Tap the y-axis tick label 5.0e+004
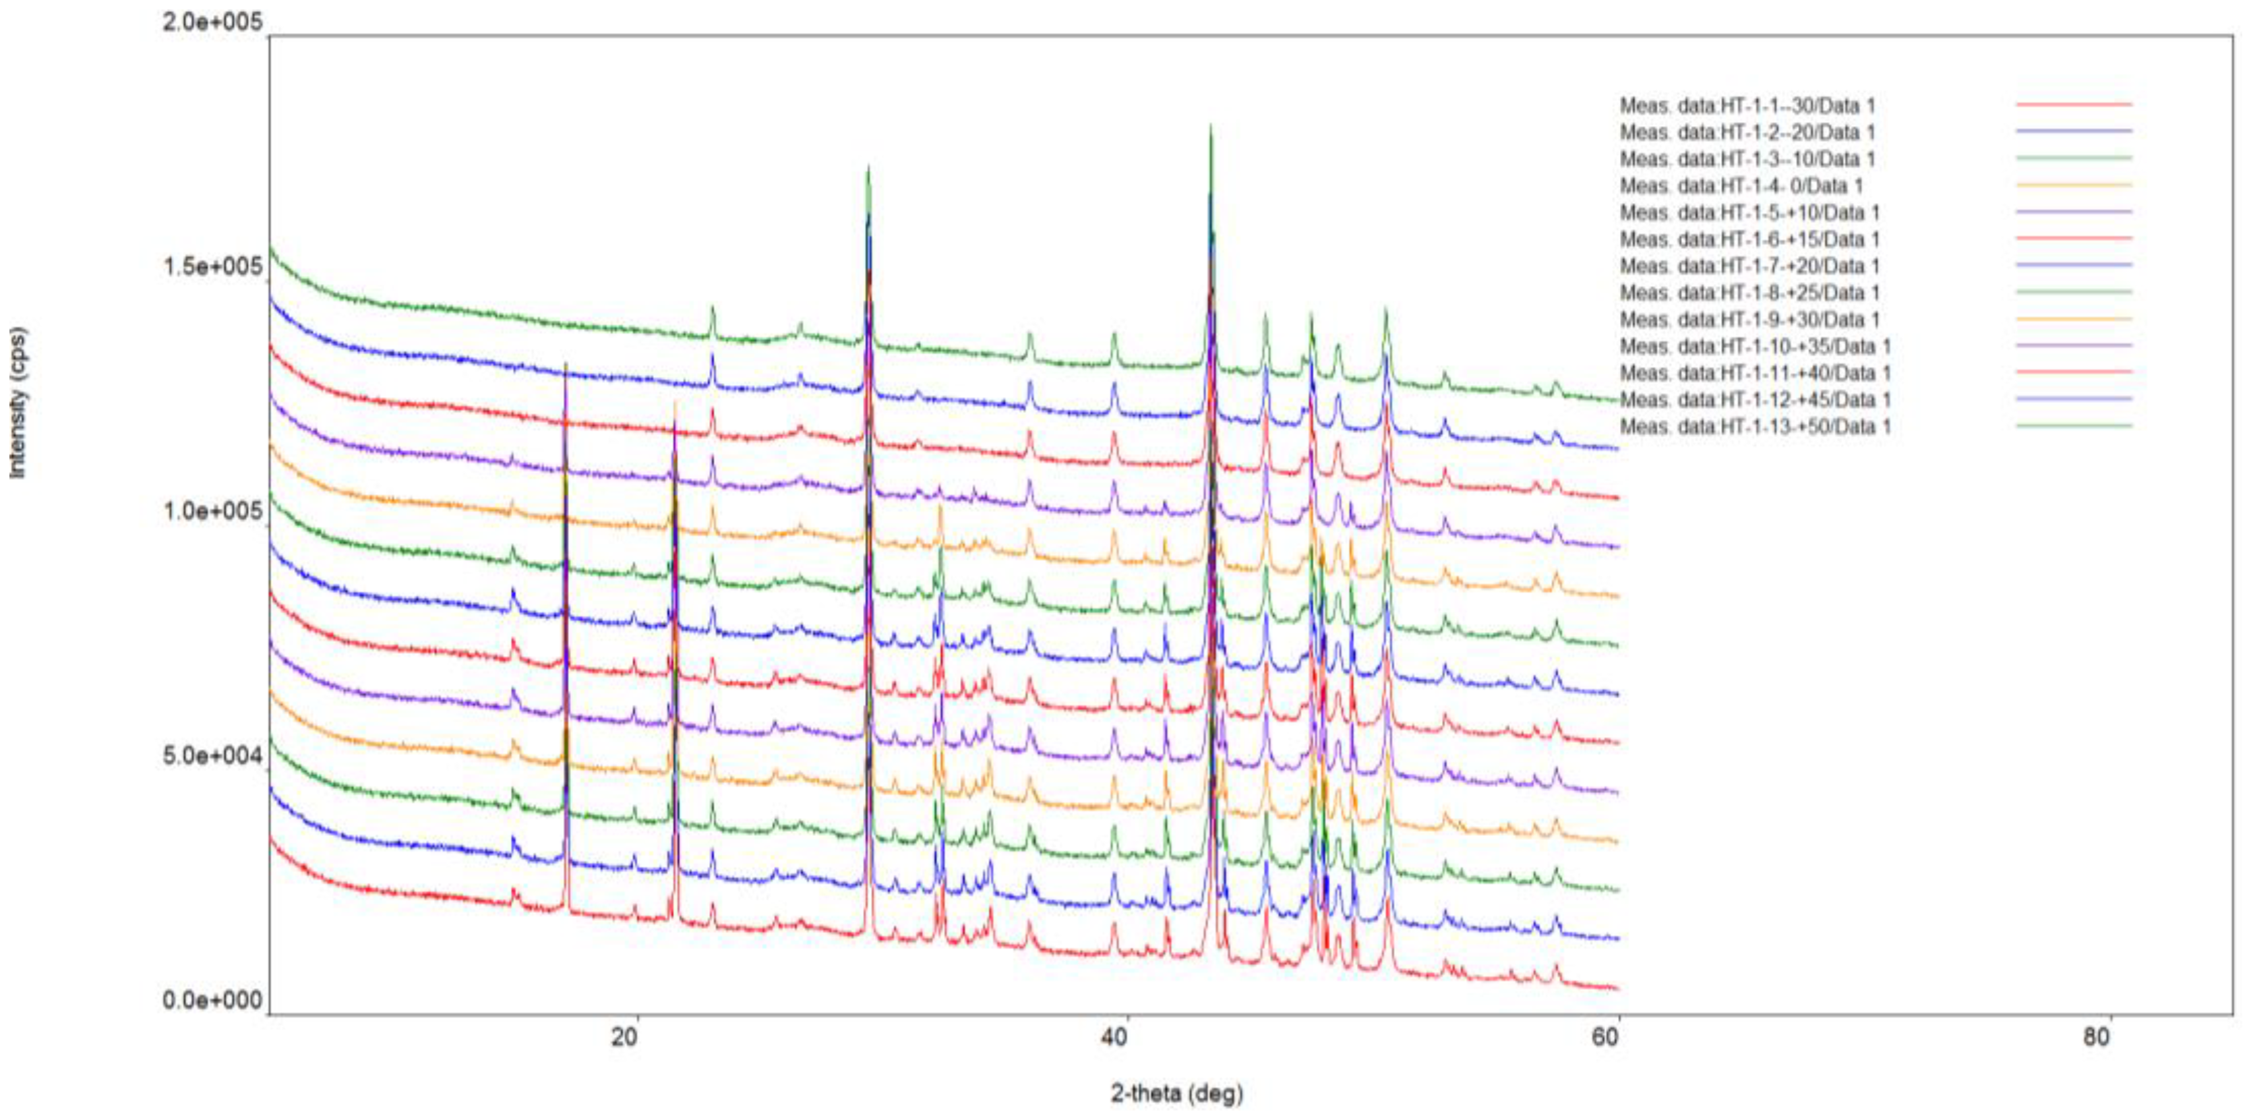(x=212, y=755)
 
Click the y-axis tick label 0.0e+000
(x=212, y=999)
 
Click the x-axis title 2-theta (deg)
(x=1176, y=1093)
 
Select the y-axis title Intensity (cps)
(x=18, y=402)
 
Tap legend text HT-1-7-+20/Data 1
(x=1749, y=266)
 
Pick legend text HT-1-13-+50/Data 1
(x=1755, y=427)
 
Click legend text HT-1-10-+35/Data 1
(x=1755, y=346)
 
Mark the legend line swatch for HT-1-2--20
(x=2074, y=131)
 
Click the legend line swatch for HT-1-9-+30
(x=2074, y=318)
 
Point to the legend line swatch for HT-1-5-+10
(x=2074, y=212)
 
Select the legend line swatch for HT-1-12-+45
(x=2074, y=399)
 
